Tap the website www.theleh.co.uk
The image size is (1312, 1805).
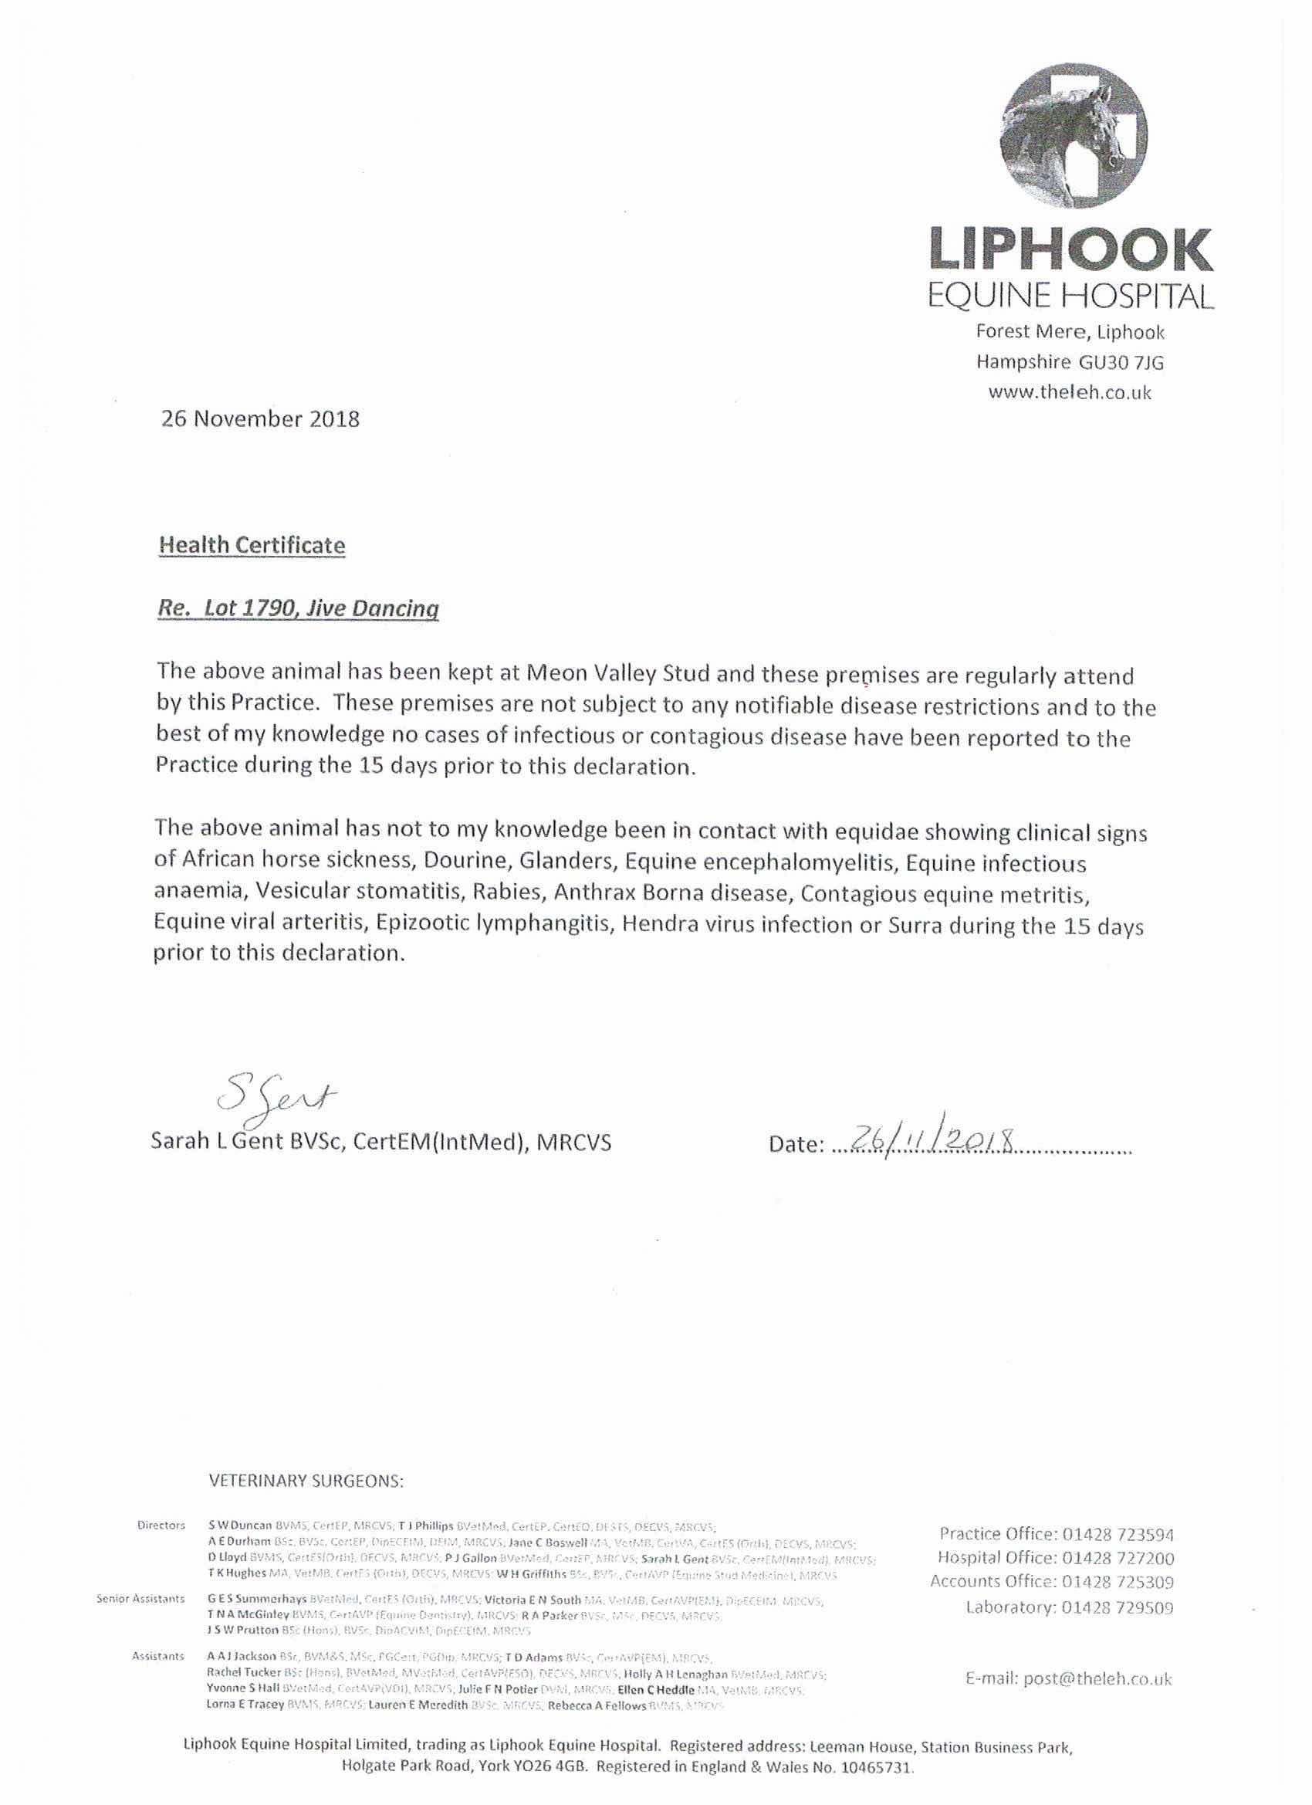pos(1070,391)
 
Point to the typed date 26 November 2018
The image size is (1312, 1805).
pos(260,418)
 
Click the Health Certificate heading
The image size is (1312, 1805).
pos(252,545)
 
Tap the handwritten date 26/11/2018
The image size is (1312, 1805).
pos(932,1140)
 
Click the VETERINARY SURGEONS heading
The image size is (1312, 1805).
pos(306,1481)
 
